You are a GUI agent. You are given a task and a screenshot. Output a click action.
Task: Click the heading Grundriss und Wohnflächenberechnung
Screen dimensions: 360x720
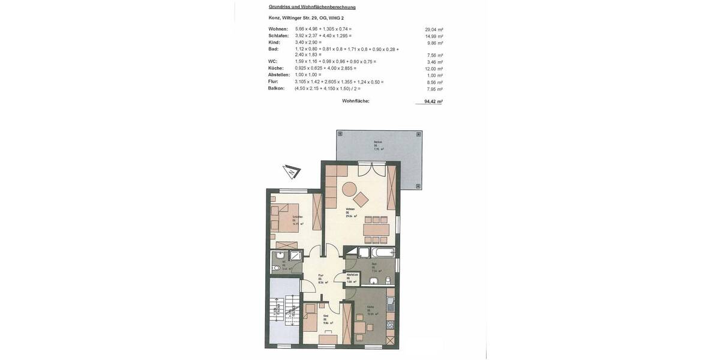(312, 7)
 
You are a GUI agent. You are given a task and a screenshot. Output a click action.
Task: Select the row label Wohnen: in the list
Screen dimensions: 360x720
(278, 29)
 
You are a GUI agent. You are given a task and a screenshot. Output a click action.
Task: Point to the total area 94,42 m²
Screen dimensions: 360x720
(433, 101)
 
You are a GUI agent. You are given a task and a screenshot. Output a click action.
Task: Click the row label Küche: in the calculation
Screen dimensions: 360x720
(276, 68)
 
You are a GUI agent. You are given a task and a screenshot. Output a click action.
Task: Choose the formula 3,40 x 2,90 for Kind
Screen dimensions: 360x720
(308, 42)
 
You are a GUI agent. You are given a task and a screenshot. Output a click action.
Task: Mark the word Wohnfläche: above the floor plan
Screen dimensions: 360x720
(356, 101)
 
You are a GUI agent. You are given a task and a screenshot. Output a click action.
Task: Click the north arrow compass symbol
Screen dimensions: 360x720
(292, 172)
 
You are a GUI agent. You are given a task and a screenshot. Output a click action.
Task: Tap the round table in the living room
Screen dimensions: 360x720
(349, 190)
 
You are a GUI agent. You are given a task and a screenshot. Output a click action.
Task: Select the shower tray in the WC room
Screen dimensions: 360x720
(295, 255)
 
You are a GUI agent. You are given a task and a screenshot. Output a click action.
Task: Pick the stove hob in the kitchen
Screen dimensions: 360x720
(390, 325)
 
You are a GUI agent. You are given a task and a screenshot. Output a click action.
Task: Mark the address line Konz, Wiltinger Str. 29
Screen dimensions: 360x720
(306, 18)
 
